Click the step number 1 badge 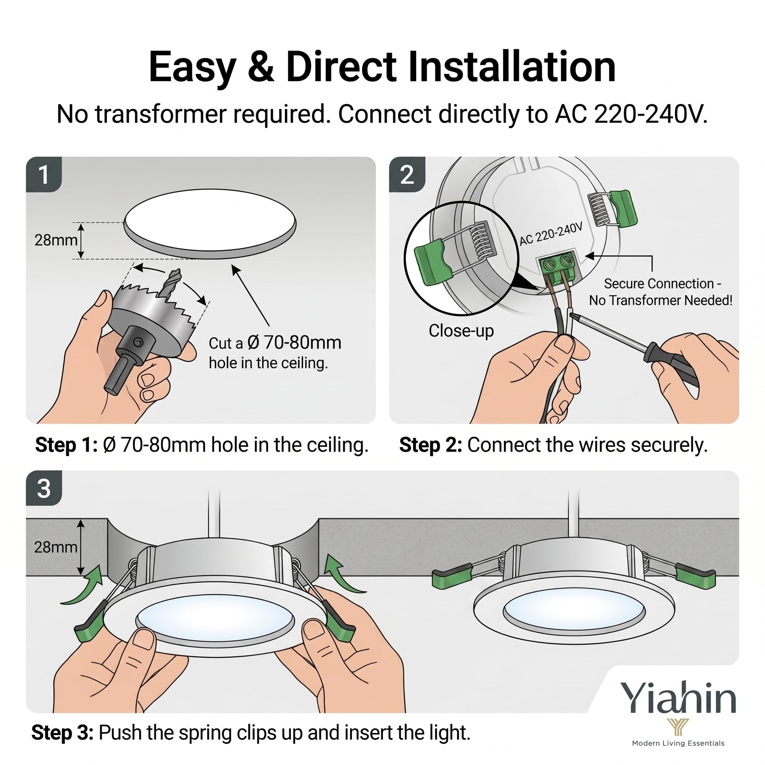pos(44,174)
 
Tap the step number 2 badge pos(407,174)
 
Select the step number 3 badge pos(44,488)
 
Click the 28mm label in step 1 pos(56,240)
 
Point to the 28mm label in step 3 pos(56,547)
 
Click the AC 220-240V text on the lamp pos(551,233)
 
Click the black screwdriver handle pos(672,365)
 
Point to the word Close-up pos(461,330)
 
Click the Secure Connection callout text pos(660,292)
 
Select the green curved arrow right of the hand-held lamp pos(343,574)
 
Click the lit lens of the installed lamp pos(574,608)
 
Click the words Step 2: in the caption pos(430,445)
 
